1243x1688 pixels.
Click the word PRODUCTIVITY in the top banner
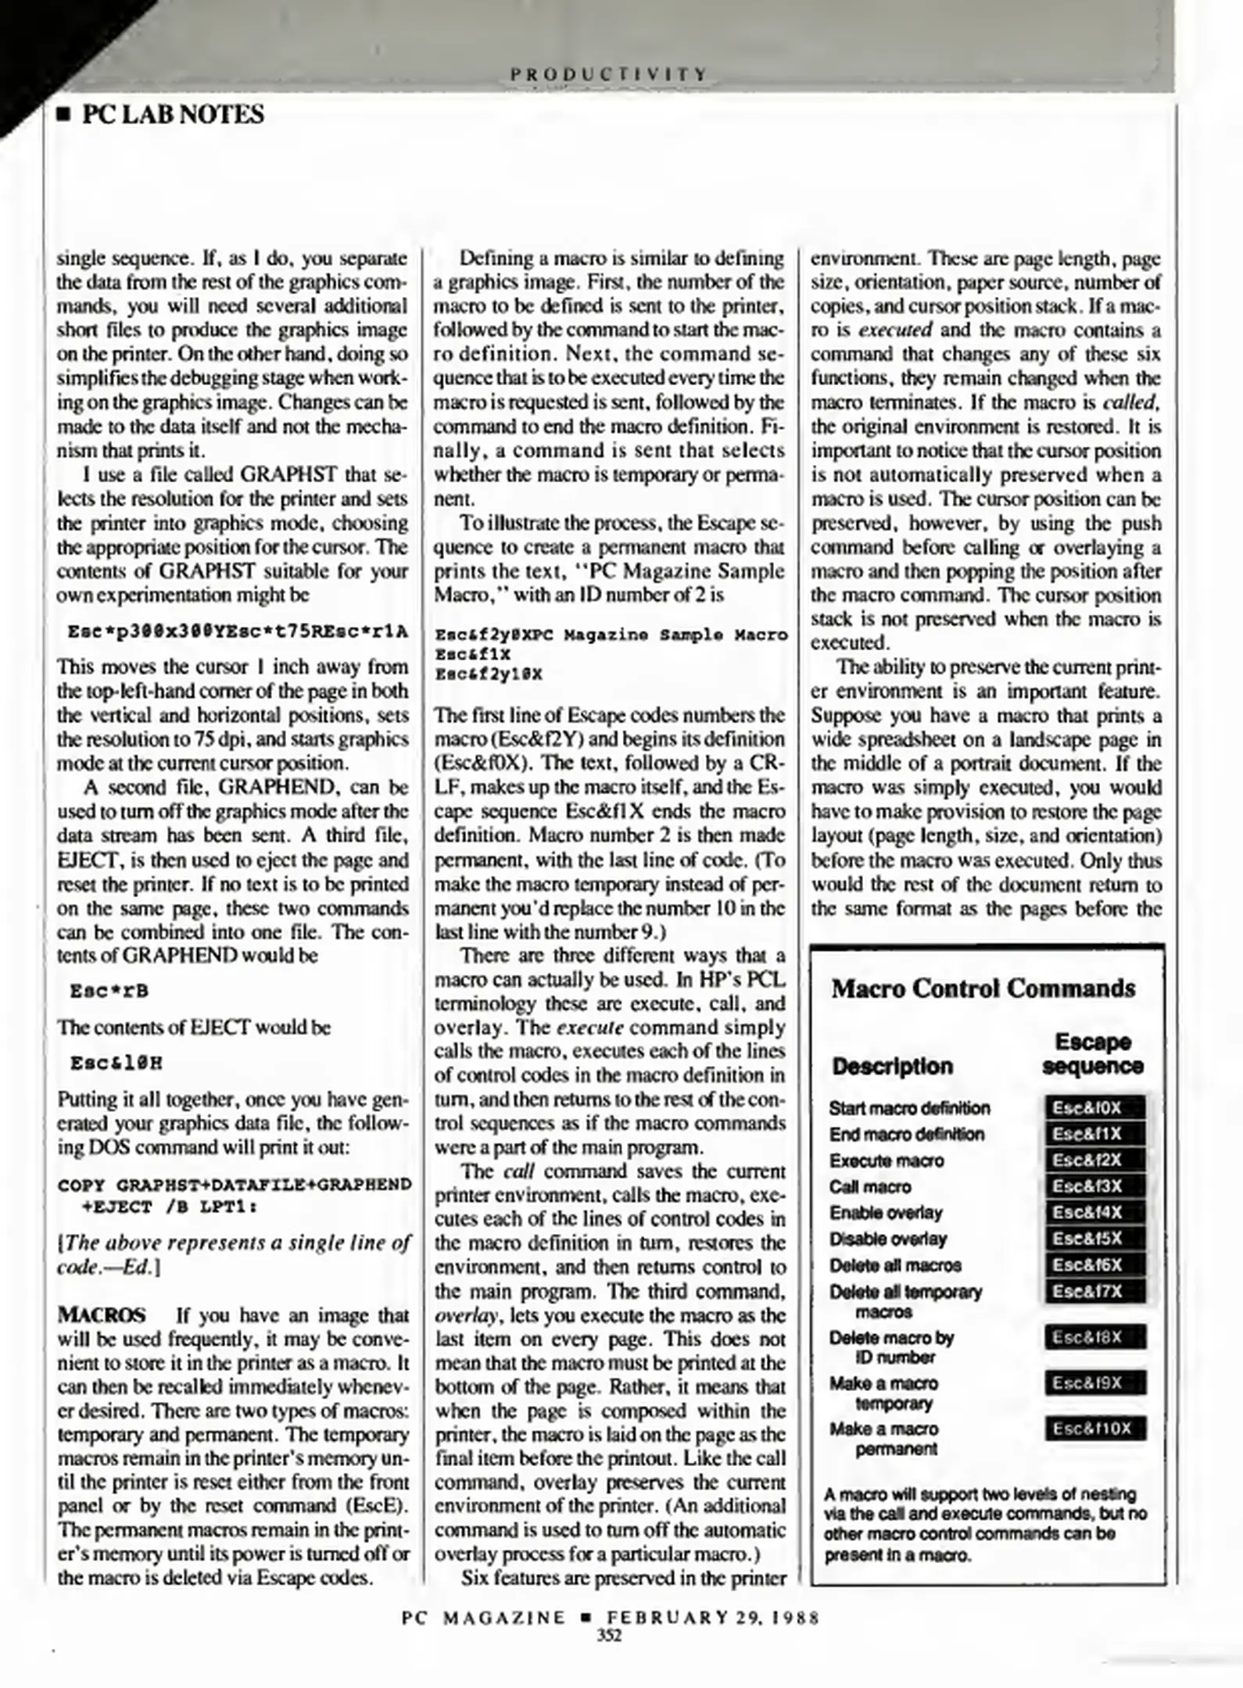(608, 74)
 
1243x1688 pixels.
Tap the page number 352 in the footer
(608, 1635)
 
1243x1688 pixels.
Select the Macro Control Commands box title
(983, 989)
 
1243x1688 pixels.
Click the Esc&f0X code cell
(1094, 1108)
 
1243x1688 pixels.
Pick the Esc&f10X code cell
(1094, 1429)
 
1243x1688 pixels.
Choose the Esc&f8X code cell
(1094, 1337)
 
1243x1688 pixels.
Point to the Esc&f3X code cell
(1094, 1186)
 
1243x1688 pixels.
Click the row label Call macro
(869, 1187)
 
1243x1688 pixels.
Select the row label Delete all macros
(895, 1265)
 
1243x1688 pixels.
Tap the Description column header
(892, 1066)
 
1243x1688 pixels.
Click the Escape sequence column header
(1092, 1053)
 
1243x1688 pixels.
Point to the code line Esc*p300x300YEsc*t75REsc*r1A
(238, 631)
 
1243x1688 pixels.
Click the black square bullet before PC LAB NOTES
(64, 116)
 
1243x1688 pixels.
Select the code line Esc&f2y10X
(488, 673)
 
